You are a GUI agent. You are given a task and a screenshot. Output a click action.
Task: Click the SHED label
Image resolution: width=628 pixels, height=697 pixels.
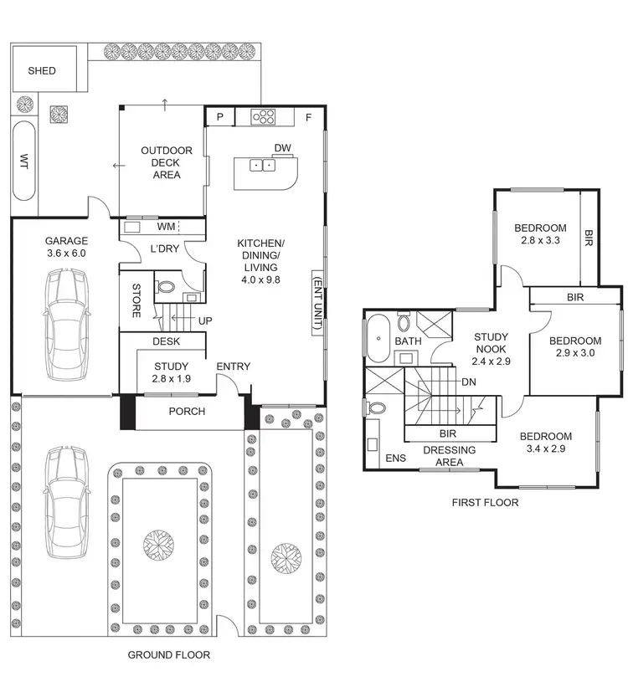pyautogui.click(x=42, y=71)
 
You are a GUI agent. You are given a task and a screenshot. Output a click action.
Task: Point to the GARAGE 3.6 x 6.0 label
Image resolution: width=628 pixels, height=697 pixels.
pyautogui.click(x=65, y=247)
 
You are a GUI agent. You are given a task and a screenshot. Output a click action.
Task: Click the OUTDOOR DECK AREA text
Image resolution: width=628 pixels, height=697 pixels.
pyautogui.click(x=166, y=162)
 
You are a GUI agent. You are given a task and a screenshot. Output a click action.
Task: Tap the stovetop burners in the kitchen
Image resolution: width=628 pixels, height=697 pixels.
pyautogui.click(x=265, y=117)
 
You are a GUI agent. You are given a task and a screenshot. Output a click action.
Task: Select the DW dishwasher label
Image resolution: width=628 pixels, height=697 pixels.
pyautogui.click(x=282, y=149)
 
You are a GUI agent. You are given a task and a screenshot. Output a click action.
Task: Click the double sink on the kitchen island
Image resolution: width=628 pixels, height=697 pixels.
pyautogui.click(x=261, y=165)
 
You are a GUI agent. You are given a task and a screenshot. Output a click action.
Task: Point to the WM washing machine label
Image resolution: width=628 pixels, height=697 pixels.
pyautogui.click(x=166, y=226)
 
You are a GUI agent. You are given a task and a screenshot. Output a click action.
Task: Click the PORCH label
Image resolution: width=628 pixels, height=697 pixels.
pyautogui.click(x=187, y=412)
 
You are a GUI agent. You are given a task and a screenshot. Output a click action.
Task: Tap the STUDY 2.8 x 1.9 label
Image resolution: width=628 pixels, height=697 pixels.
pyautogui.click(x=172, y=372)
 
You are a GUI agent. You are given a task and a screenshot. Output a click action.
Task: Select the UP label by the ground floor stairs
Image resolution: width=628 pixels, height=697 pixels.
pyautogui.click(x=204, y=320)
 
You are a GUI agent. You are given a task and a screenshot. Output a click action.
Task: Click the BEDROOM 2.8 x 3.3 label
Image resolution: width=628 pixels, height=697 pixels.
pyautogui.click(x=540, y=233)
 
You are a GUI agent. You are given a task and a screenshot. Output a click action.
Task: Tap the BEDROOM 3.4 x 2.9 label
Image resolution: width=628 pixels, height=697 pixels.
pyautogui.click(x=545, y=443)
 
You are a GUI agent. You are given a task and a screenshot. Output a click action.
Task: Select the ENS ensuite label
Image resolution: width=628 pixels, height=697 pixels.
pyautogui.click(x=394, y=459)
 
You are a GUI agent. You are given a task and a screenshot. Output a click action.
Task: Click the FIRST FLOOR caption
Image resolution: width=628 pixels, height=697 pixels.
pyautogui.click(x=485, y=503)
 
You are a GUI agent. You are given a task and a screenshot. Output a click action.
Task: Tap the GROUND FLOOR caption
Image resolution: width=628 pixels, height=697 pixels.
pyautogui.click(x=168, y=654)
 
